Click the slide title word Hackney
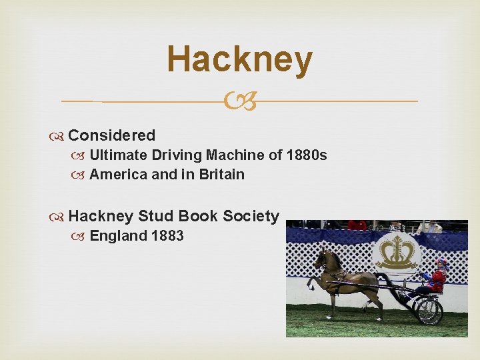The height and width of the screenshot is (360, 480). [239, 60]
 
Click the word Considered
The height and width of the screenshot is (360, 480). [111, 135]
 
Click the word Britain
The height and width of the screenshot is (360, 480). [220, 175]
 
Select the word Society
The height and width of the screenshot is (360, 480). [251, 216]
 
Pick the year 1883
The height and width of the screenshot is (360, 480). [167, 235]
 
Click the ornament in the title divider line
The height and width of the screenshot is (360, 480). [239, 101]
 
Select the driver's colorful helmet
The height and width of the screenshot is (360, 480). [441, 264]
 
